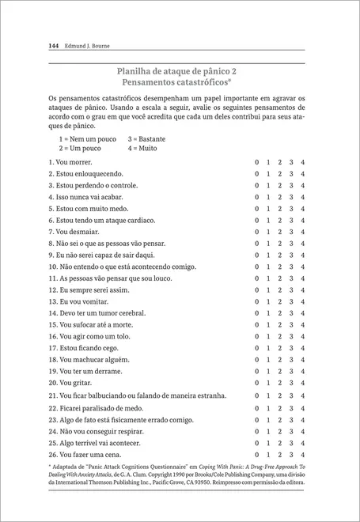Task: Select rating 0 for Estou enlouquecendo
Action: click(x=256, y=173)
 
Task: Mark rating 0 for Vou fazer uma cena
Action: click(x=256, y=455)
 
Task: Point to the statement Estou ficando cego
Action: click(x=81, y=348)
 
